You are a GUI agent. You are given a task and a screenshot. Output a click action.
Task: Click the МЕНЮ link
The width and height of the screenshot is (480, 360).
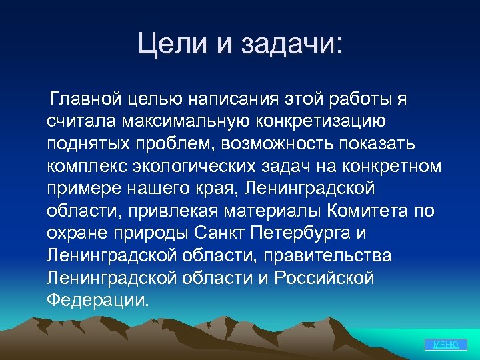coord(445,344)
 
